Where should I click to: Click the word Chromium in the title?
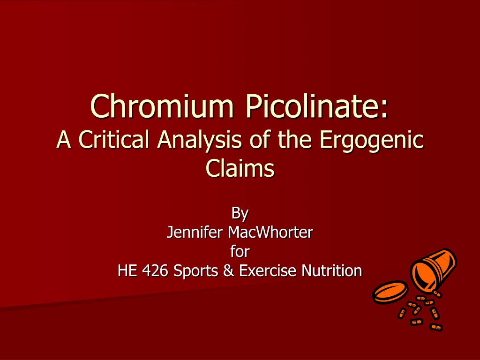tap(162, 106)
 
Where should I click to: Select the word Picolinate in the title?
tap(313, 106)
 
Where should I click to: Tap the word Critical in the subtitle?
tap(113, 139)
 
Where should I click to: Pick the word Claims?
tap(240, 168)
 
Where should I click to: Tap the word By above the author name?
tap(240, 214)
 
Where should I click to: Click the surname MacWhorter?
tap(270, 232)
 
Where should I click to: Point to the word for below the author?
tap(240, 251)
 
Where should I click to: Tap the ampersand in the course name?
tap(229, 270)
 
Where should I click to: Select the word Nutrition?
tap(332, 270)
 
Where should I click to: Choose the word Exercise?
tap(267, 270)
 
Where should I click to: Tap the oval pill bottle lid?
tap(390, 292)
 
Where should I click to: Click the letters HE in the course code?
tap(127, 270)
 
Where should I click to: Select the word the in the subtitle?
tap(294, 139)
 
